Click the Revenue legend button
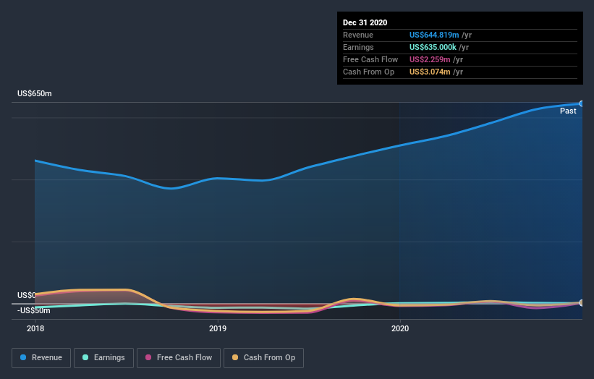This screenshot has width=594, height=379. click(x=42, y=357)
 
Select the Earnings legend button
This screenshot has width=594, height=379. click(x=104, y=357)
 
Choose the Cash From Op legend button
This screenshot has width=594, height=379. click(x=264, y=357)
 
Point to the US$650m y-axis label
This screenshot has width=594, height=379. click(x=35, y=94)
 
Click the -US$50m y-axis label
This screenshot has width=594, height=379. click(x=34, y=310)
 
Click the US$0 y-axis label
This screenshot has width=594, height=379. click(x=27, y=295)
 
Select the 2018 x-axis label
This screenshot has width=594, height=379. click(x=35, y=328)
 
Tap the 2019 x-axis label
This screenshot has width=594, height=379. click(x=218, y=328)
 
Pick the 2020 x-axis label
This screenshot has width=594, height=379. click(x=400, y=328)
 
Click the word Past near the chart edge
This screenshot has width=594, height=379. click(x=568, y=111)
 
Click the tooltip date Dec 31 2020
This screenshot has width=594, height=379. click(x=365, y=22)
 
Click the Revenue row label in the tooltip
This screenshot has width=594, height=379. click(x=358, y=35)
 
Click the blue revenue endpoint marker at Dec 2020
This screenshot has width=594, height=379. click(x=581, y=103)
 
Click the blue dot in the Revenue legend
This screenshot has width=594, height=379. click(x=24, y=357)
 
